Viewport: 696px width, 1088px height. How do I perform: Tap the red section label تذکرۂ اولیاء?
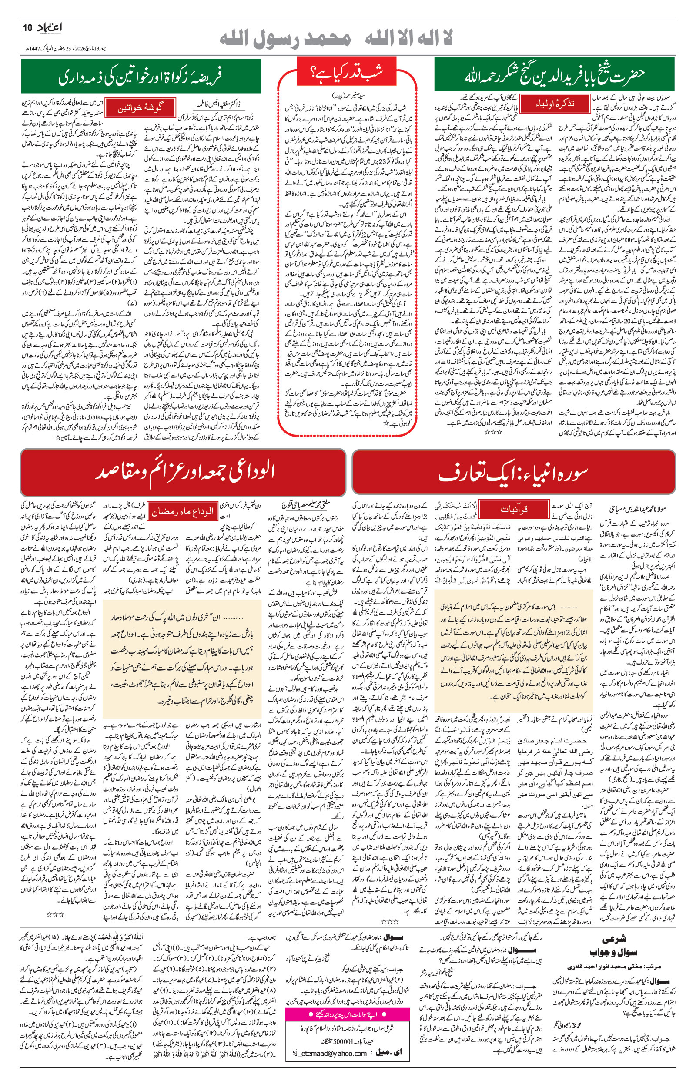pyautogui.click(x=555, y=103)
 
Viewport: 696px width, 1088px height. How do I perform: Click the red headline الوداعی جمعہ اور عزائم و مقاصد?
pyautogui.click(x=183, y=472)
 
